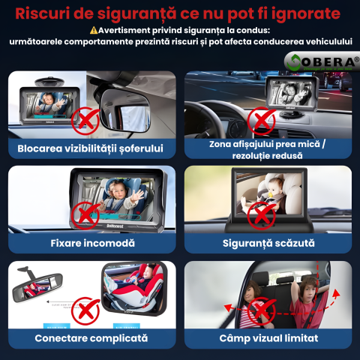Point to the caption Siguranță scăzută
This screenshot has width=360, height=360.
(x=268, y=243)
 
